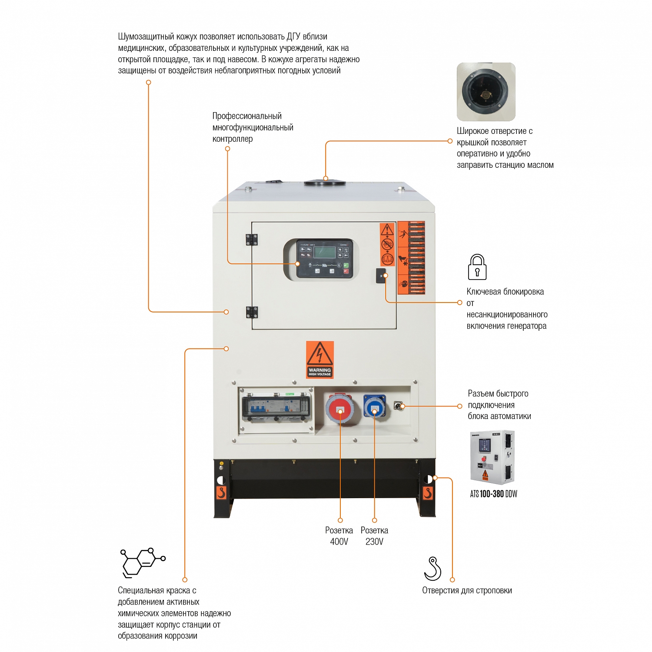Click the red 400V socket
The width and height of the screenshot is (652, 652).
pos(339,409)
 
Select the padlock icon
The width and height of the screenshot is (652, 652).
pos(477,267)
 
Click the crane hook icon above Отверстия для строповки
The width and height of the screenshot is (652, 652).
pos(432,569)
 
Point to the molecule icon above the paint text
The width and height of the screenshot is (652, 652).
pos(142,562)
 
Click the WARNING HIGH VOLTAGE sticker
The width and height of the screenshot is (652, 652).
pos(319,359)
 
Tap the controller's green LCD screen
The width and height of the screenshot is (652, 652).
pos(325,252)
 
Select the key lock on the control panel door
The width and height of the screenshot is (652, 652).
pos(381,276)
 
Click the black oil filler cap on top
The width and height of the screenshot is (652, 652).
pos(325,182)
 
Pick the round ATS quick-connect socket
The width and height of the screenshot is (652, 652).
pos(398,406)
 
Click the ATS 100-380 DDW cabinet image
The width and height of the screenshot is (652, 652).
pos(492,457)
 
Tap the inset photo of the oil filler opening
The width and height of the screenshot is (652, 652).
pos(486,92)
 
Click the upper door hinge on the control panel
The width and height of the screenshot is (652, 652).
pos(252,240)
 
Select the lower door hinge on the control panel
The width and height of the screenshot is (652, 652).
pos(252,312)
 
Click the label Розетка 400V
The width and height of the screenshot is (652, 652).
pos(339,536)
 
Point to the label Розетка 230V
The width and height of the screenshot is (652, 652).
pos(374,536)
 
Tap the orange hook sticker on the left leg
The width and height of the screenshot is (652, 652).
pos(221,493)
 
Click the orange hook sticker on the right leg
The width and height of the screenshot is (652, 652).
pos(428,493)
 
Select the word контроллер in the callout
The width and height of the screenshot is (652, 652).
pos(233,139)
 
